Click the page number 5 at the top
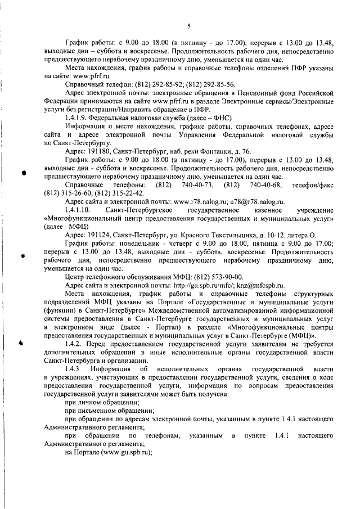pyautogui.click(x=189, y=25)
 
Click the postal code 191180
pyautogui.click(x=100, y=152)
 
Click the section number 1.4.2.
pyautogui.click(x=74, y=344)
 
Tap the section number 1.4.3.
pyautogui.click(x=74, y=368)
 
